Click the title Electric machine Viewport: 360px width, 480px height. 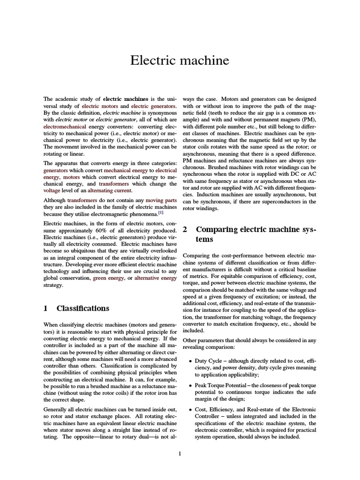(180, 60)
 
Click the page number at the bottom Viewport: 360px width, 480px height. (180, 453)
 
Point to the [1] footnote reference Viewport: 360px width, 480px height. (160, 212)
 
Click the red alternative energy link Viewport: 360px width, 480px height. (155, 278)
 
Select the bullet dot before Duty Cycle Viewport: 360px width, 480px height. (189, 361)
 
